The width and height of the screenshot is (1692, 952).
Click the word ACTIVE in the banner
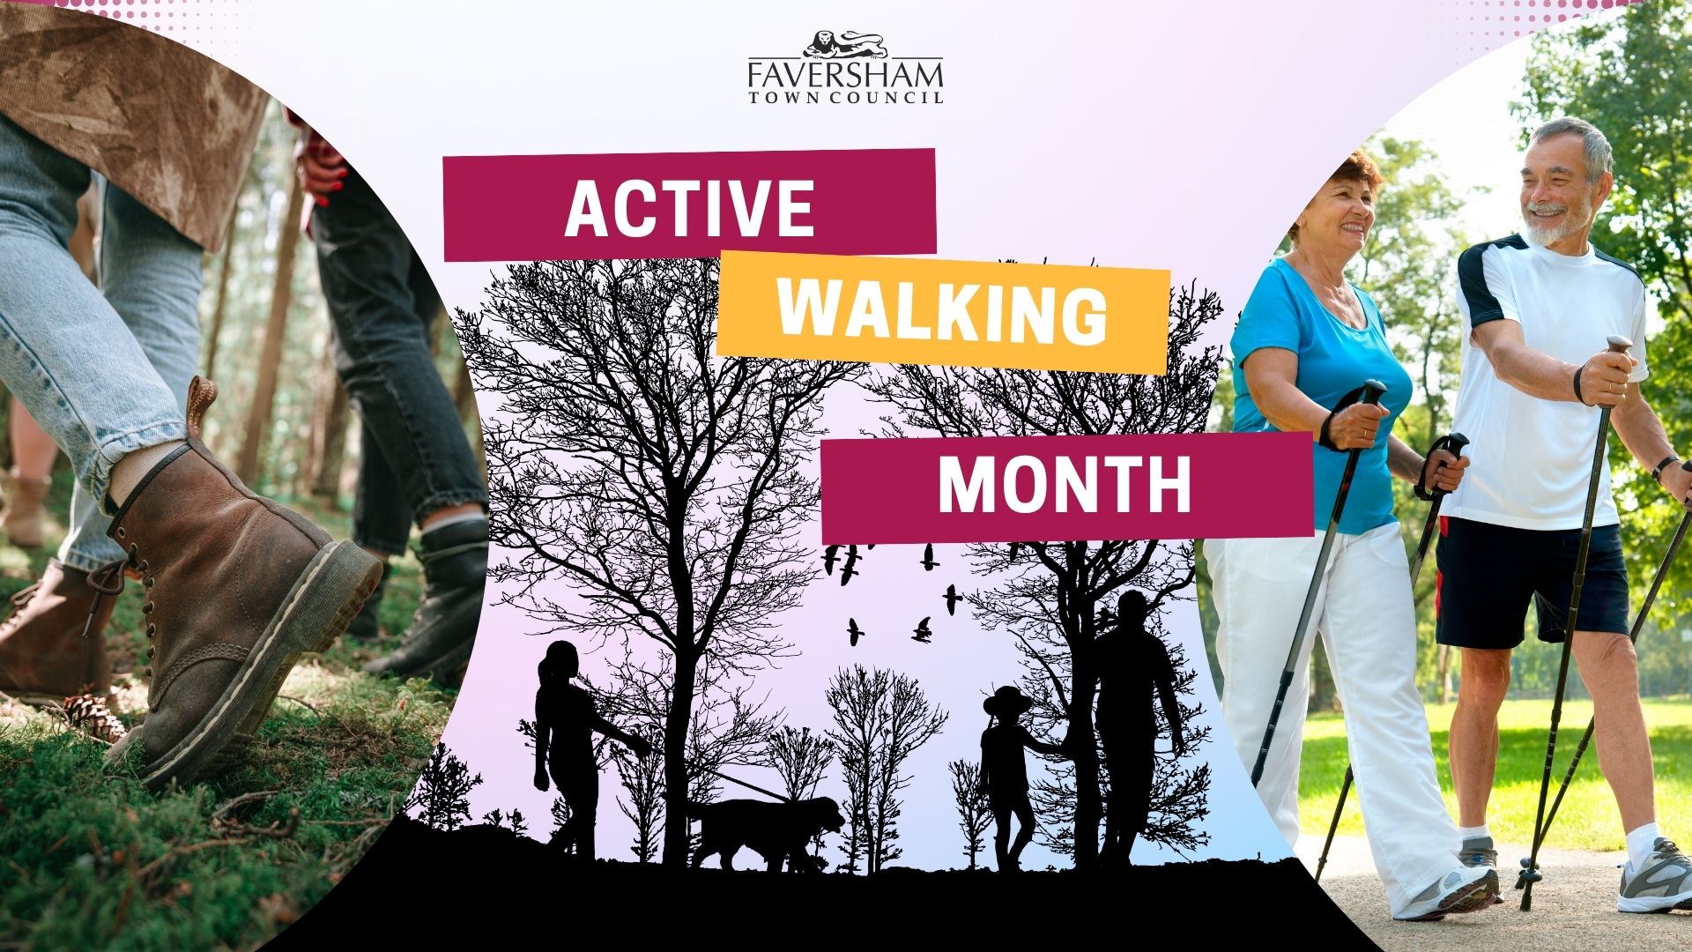(x=688, y=208)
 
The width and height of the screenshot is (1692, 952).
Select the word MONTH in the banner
(x=1064, y=486)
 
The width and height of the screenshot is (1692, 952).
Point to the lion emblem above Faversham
(x=845, y=44)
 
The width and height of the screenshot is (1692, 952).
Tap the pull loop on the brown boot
(x=200, y=406)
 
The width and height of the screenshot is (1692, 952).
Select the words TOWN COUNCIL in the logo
(x=845, y=97)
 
